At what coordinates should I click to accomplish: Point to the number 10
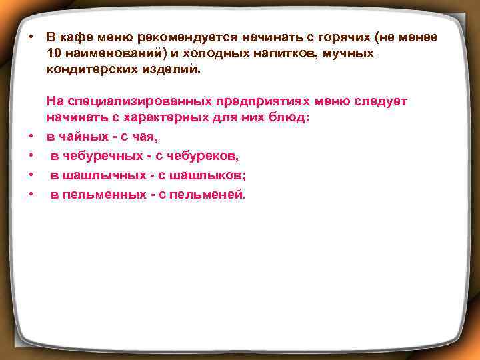pos(55,53)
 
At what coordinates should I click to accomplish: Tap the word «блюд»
pos(292,117)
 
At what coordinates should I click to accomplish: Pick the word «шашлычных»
pos(97,175)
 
